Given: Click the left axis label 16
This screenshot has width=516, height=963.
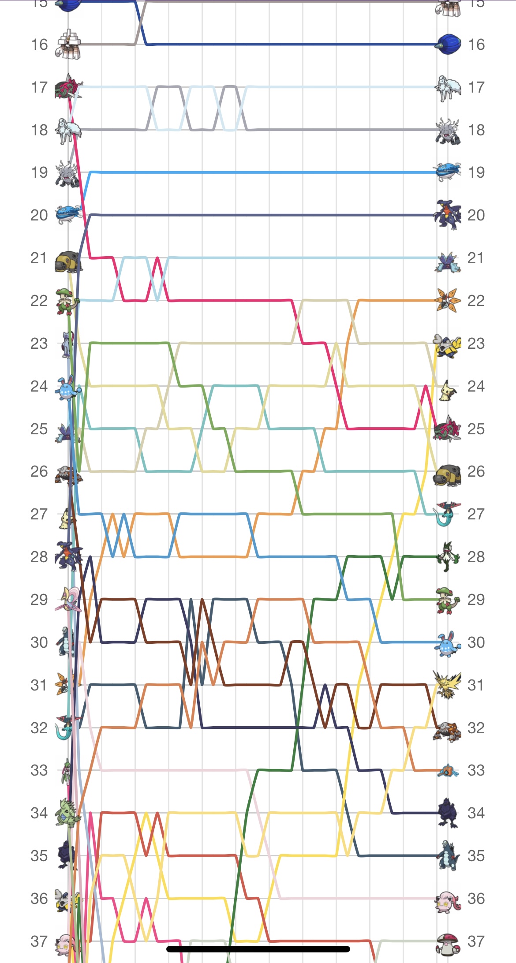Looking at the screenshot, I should [39, 45].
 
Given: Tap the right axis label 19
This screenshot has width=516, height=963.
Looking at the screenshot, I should [476, 172].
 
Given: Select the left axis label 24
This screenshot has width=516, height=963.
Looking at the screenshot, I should [39, 386].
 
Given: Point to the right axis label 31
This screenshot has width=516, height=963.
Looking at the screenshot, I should [476, 685].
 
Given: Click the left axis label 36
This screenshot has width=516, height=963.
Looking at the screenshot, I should [39, 899].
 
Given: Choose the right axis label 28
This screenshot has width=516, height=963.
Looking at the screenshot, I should [476, 557].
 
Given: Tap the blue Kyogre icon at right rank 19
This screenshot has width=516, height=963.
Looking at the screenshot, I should [448, 172].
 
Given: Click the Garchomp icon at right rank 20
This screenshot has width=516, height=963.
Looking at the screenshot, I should [448, 215].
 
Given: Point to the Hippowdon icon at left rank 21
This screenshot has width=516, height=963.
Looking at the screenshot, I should [67, 262].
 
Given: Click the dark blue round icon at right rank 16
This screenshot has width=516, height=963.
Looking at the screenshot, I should [448, 44].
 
